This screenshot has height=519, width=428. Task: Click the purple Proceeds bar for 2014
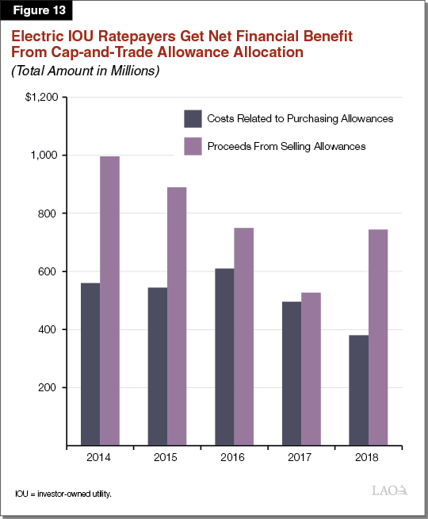click(109, 301)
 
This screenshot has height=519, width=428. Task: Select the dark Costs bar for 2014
click(90, 364)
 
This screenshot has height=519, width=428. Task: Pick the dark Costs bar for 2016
click(224, 357)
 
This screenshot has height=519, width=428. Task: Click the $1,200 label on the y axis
click(42, 98)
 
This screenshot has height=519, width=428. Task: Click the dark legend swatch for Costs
click(193, 119)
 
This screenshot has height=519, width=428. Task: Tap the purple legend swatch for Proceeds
click(193, 147)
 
